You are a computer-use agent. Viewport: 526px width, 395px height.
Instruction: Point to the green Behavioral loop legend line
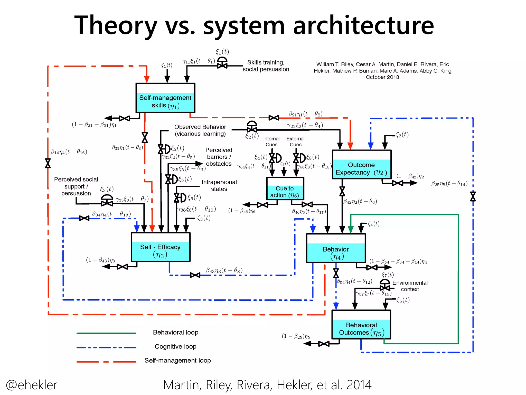[106, 333]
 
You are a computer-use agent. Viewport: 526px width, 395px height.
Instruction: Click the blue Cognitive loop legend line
[106, 347]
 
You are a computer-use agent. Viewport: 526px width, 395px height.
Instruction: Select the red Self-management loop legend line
[106, 362]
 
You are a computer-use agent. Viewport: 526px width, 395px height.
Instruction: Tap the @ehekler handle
[32, 385]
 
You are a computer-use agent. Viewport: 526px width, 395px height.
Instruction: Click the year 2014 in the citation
[359, 385]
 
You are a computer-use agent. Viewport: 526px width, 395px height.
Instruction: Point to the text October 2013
[382, 77]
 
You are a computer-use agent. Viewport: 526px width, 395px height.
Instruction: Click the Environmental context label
[410, 286]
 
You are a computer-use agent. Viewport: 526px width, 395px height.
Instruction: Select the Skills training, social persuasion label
[266, 66]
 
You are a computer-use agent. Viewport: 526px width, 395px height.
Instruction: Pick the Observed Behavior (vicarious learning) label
[200, 130]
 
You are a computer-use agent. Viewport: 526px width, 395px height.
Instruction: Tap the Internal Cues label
[271, 142]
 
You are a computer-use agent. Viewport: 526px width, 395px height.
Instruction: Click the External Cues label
[295, 142]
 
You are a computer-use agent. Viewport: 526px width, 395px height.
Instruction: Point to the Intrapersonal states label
[219, 185]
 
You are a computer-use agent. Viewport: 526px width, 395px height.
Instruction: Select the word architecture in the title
[363, 25]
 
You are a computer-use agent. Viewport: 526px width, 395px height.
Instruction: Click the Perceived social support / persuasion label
[76, 186]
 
